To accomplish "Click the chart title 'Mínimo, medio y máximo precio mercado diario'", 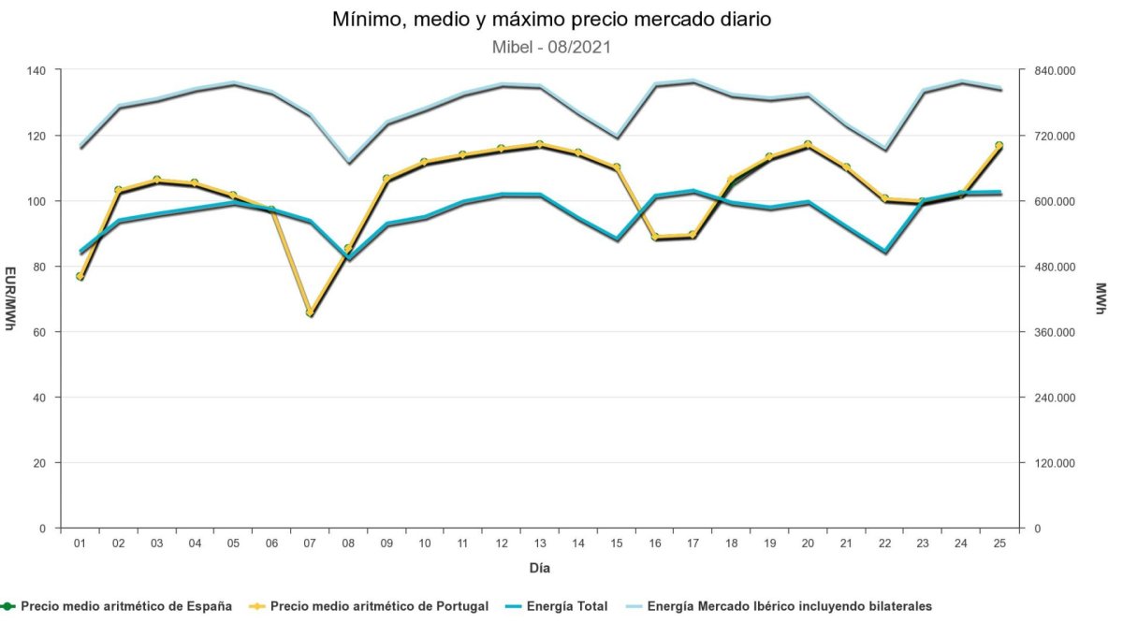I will [551, 20].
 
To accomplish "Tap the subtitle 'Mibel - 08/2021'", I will [551, 47].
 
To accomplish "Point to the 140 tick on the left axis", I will [37, 70].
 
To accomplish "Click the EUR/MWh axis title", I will [10, 299].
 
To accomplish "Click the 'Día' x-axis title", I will [540, 568].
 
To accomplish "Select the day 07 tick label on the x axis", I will [310, 543].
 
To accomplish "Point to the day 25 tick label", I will [999, 543].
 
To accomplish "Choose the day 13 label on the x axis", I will [539, 543].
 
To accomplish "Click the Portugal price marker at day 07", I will [310, 312].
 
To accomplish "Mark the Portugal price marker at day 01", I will [80, 276].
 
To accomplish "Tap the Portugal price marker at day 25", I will [999, 145].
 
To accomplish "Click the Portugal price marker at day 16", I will [654, 237].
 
